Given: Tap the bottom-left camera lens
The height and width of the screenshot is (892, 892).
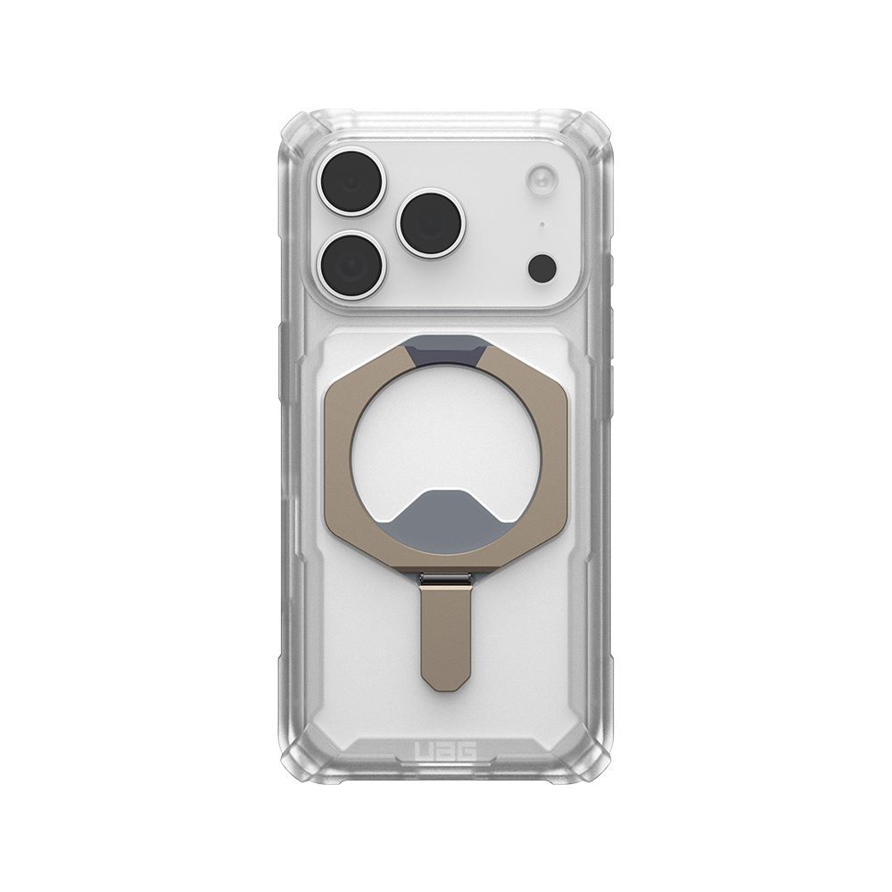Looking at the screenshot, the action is (351, 265).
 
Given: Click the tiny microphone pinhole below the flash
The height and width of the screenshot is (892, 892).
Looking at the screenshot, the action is (542, 224).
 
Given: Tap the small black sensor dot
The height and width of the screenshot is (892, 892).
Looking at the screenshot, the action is (542, 267).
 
